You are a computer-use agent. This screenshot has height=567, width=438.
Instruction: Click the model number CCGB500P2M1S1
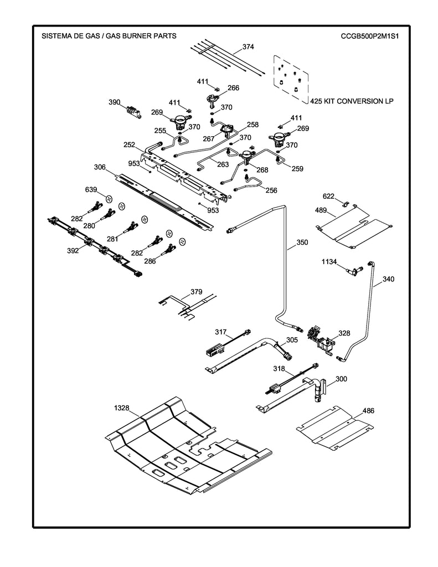tap(370, 36)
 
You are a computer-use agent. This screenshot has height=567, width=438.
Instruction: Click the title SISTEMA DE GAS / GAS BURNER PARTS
tap(109, 36)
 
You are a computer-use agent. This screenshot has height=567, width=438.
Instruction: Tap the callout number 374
tap(248, 47)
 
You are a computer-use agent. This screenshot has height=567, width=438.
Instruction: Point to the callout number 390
tap(114, 102)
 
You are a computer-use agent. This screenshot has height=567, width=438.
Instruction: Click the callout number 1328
tap(122, 408)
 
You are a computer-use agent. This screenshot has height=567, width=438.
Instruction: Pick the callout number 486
tap(368, 411)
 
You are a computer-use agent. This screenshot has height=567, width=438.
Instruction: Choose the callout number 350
tap(302, 243)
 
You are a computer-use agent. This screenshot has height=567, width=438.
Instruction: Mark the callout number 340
tap(389, 280)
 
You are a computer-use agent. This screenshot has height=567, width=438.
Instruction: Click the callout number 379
tap(196, 291)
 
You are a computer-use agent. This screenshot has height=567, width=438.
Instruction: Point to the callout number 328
tap(344, 333)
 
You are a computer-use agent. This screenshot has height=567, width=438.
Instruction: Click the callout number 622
tap(329, 196)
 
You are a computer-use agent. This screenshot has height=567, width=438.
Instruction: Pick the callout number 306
tap(100, 167)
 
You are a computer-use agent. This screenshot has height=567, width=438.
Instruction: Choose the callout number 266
tap(234, 87)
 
